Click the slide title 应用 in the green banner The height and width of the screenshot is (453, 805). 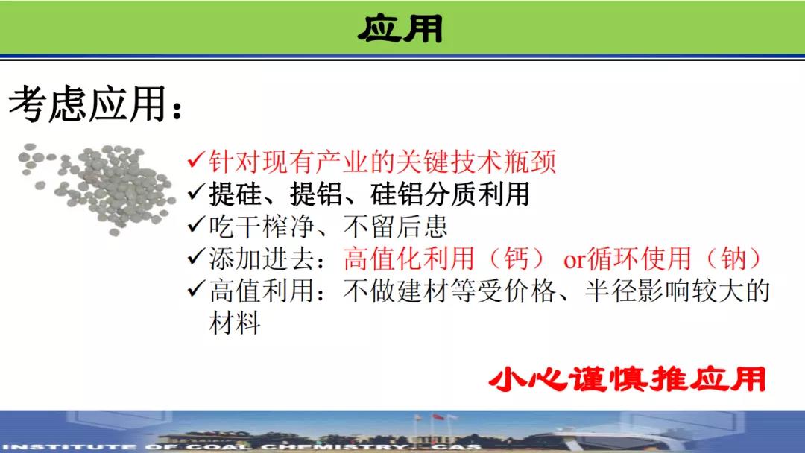point(400,28)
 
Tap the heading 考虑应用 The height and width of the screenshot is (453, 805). point(88,104)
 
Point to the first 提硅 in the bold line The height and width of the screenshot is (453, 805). point(235,194)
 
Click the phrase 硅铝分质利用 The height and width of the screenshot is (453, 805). point(449,194)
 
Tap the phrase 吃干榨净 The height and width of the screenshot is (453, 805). point(261,226)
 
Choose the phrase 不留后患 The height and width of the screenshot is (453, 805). point(396,226)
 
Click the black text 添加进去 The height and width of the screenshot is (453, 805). point(262,259)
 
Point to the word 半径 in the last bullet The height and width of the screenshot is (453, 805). point(610,291)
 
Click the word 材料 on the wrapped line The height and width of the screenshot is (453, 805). point(235,323)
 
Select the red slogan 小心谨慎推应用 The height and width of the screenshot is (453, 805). point(628,379)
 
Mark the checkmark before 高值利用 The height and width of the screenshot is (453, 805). point(197,289)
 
